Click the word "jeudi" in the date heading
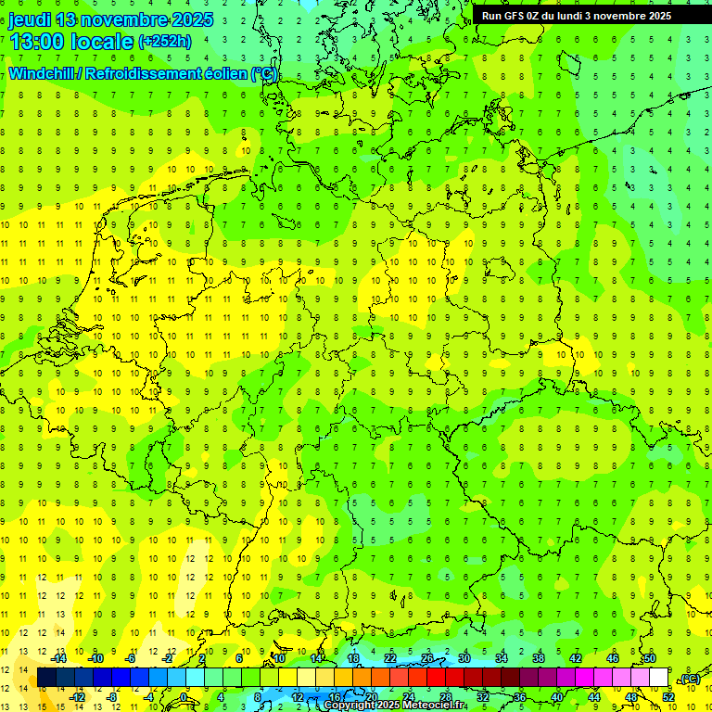point(29,19)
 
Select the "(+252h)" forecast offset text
point(165,42)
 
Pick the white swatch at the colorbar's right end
point(658,678)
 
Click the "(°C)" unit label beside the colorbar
point(689,679)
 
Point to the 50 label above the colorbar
point(649,658)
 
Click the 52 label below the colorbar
point(667,696)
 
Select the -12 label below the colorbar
point(79,696)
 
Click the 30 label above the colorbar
point(464,658)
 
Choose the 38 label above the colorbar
point(538,658)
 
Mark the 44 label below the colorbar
point(593,696)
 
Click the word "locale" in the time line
point(107,42)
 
